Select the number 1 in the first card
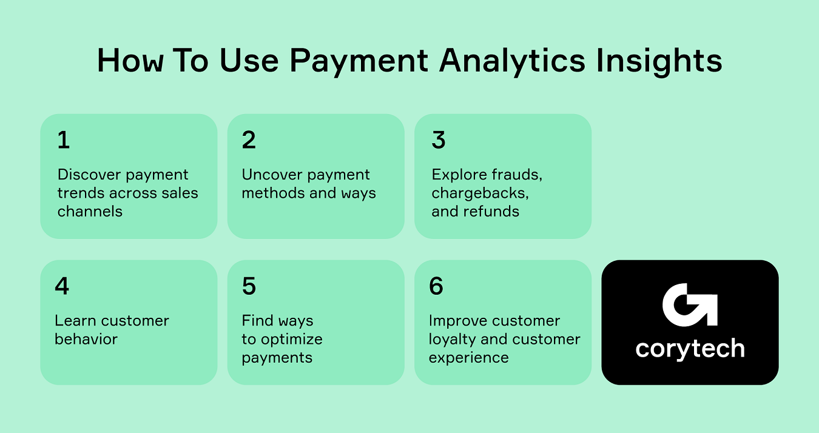[x=64, y=140]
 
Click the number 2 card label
[x=249, y=140]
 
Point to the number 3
[x=439, y=140]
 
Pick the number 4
[x=62, y=286]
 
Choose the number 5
[x=249, y=286]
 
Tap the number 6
[x=436, y=286]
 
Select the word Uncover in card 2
[x=271, y=175]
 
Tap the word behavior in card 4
[x=86, y=339]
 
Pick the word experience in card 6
[x=468, y=358]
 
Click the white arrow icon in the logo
[x=690, y=305]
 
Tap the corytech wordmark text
[x=690, y=349]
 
